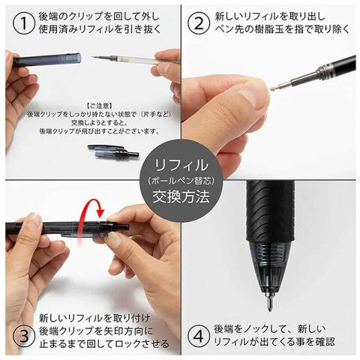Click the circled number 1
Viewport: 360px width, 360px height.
[x=23, y=24]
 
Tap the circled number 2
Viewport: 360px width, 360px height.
[x=199, y=24]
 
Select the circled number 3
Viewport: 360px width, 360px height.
[x=24, y=336]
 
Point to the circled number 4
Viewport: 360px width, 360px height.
[x=199, y=336]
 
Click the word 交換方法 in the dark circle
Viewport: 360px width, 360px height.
[x=181, y=197]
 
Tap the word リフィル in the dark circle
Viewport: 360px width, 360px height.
[x=181, y=165]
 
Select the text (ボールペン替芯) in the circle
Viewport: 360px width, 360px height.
[x=181, y=181]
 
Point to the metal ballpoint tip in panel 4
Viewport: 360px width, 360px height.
[x=269, y=301]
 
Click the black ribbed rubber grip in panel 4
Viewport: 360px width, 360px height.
[x=270, y=211]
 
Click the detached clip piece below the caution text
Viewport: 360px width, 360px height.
[x=113, y=151]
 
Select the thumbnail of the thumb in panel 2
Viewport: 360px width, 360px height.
[x=247, y=97]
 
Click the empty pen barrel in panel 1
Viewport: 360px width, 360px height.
[x=47, y=60]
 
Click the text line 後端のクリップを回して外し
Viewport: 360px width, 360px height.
[x=99, y=17]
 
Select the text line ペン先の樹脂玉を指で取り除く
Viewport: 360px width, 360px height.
[x=282, y=29]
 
